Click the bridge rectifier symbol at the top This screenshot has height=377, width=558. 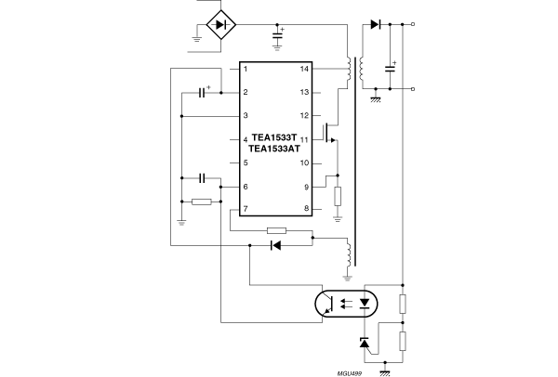point(219,23)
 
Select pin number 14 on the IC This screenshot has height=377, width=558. point(303,70)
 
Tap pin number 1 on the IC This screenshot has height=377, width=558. point(245,70)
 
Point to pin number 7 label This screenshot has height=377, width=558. point(245,210)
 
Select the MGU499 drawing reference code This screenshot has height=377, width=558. point(349,370)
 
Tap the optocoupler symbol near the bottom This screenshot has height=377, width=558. point(343,302)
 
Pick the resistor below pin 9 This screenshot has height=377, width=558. point(338,196)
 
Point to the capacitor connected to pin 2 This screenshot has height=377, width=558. point(204,93)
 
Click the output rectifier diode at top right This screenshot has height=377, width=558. point(375,23)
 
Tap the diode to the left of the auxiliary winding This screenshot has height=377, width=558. point(275,246)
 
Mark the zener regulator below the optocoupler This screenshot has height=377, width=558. point(365,344)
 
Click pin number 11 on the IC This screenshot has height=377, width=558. point(303,139)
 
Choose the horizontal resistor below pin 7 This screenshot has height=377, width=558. point(276,229)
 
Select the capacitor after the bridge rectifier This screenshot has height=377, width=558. point(277,37)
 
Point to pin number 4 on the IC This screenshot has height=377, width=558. point(245,139)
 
